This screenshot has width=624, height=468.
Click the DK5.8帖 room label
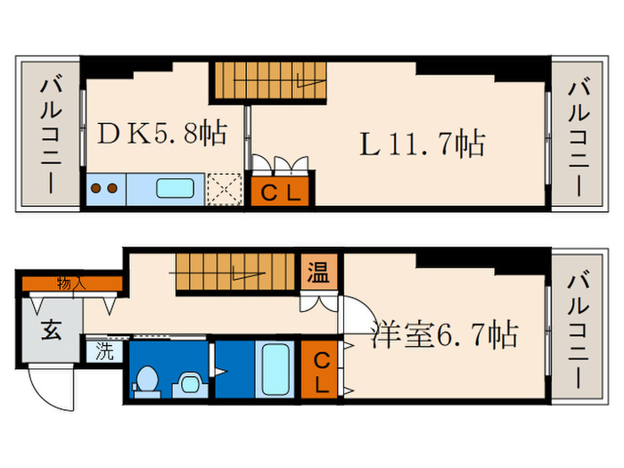coord(160,135)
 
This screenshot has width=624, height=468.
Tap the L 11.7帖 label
coord(423,143)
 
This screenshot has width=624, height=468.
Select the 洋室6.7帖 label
coord(445,335)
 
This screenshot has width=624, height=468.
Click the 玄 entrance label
coord(50,333)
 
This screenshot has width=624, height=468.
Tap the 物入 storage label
coord(71,283)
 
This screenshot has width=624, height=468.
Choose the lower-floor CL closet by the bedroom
coord(319,370)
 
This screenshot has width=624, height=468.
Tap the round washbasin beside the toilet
coord(188,383)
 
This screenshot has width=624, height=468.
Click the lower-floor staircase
coord(234,273)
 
